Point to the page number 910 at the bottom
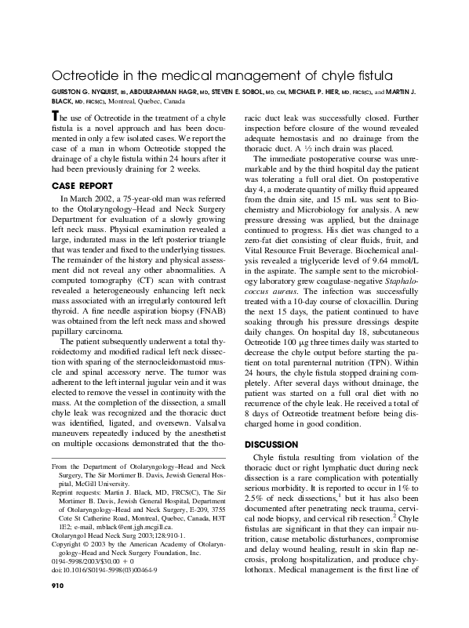pos(58,606)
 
